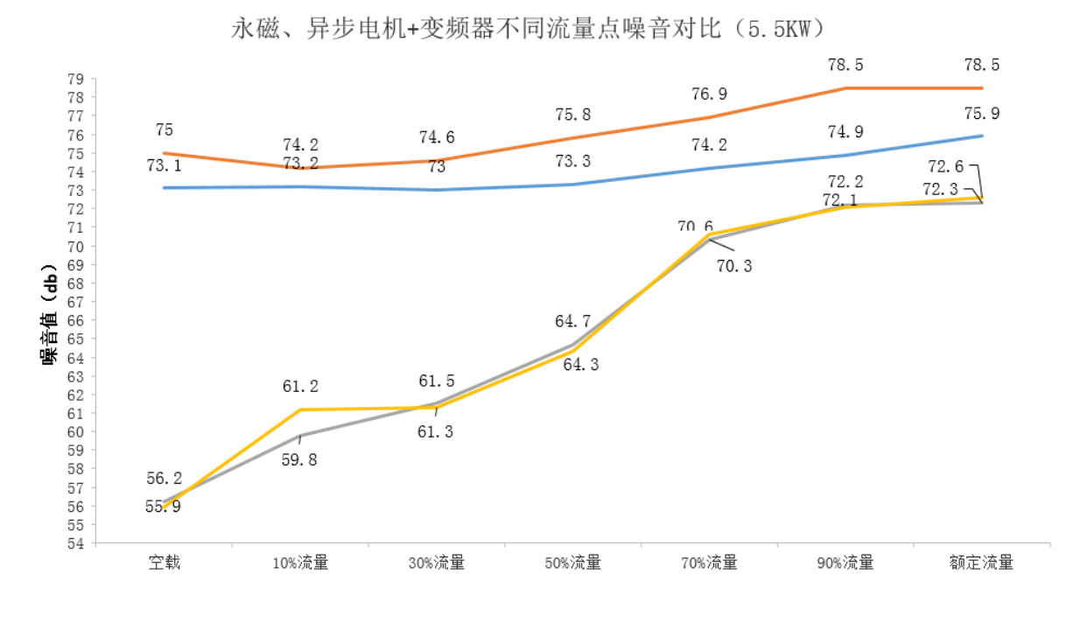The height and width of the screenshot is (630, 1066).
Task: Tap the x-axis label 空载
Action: click(164, 563)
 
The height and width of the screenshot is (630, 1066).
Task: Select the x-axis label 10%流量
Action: click(300, 563)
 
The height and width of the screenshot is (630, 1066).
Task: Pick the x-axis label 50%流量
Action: click(572, 563)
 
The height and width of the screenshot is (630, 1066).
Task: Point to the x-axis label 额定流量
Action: click(981, 563)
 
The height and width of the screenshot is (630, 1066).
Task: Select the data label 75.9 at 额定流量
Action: click(981, 114)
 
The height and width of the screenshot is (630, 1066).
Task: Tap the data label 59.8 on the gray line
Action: click(299, 459)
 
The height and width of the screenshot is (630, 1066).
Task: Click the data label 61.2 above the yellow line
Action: click(300, 386)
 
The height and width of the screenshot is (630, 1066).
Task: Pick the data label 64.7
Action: click(572, 322)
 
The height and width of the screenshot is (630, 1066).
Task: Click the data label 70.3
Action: click(733, 266)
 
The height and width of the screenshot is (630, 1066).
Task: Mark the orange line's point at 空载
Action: click(164, 153)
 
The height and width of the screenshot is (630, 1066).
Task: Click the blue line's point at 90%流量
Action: click(845, 155)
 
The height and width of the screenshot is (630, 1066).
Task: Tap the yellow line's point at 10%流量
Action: click(300, 409)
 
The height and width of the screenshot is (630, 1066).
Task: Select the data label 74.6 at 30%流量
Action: click(436, 137)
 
